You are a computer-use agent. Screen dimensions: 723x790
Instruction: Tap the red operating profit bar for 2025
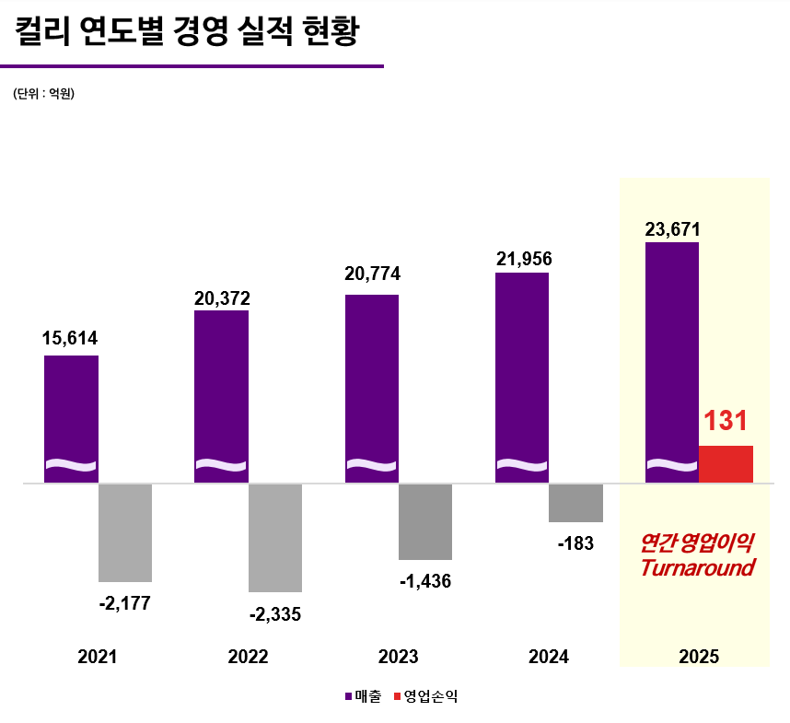(726, 464)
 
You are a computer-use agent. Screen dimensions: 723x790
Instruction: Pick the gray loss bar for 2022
(275, 537)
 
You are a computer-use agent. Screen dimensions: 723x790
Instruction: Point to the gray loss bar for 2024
(576, 503)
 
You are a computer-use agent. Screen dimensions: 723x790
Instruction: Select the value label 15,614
(70, 339)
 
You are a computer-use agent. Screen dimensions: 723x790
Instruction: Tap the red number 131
(726, 422)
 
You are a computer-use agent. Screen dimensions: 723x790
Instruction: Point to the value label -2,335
(275, 613)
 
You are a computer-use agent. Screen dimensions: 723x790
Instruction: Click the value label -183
(576, 543)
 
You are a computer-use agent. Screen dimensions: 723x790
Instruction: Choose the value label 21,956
(523, 259)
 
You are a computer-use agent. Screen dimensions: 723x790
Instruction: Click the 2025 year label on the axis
(699, 657)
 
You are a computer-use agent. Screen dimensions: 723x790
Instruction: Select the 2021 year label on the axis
(98, 657)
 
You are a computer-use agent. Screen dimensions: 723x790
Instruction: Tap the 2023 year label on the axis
(398, 657)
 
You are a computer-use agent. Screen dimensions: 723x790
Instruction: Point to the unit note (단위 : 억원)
(43, 94)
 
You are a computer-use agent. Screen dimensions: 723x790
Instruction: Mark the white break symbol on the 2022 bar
(221, 463)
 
